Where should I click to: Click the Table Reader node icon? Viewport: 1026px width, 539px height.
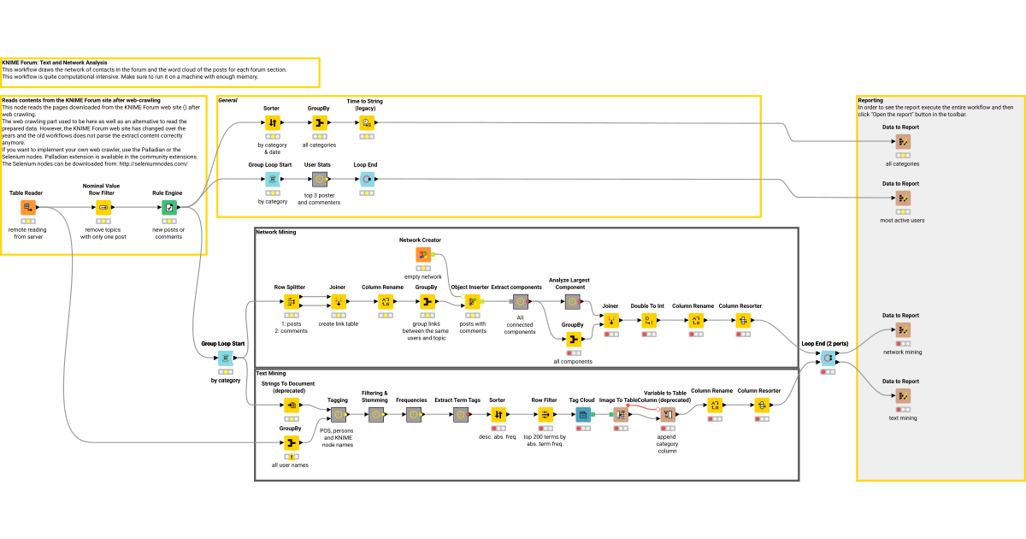click(28, 207)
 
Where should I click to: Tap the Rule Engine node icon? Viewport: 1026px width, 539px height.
click(168, 207)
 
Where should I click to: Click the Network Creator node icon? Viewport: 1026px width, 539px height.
click(422, 254)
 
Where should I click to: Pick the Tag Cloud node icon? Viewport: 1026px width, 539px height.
click(582, 414)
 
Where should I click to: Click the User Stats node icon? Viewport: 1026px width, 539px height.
click(318, 179)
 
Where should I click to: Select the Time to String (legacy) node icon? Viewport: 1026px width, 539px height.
click(365, 123)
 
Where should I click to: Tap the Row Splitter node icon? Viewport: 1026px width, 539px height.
click(290, 301)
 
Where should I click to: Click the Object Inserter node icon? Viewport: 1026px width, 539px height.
click(471, 301)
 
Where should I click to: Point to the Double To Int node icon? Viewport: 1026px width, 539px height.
click(648, 320)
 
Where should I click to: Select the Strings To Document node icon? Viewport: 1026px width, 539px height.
click(291, 406)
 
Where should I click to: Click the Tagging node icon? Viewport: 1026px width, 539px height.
click(338, 414)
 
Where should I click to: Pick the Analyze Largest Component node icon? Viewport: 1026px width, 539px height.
click(573, 301)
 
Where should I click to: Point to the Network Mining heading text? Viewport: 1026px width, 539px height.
click(275, 232)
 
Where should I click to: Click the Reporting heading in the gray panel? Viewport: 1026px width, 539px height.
click(870, 100)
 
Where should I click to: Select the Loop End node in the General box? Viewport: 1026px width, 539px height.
click(365, 179)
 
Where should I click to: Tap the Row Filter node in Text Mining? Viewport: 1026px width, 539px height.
click(545, 414)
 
